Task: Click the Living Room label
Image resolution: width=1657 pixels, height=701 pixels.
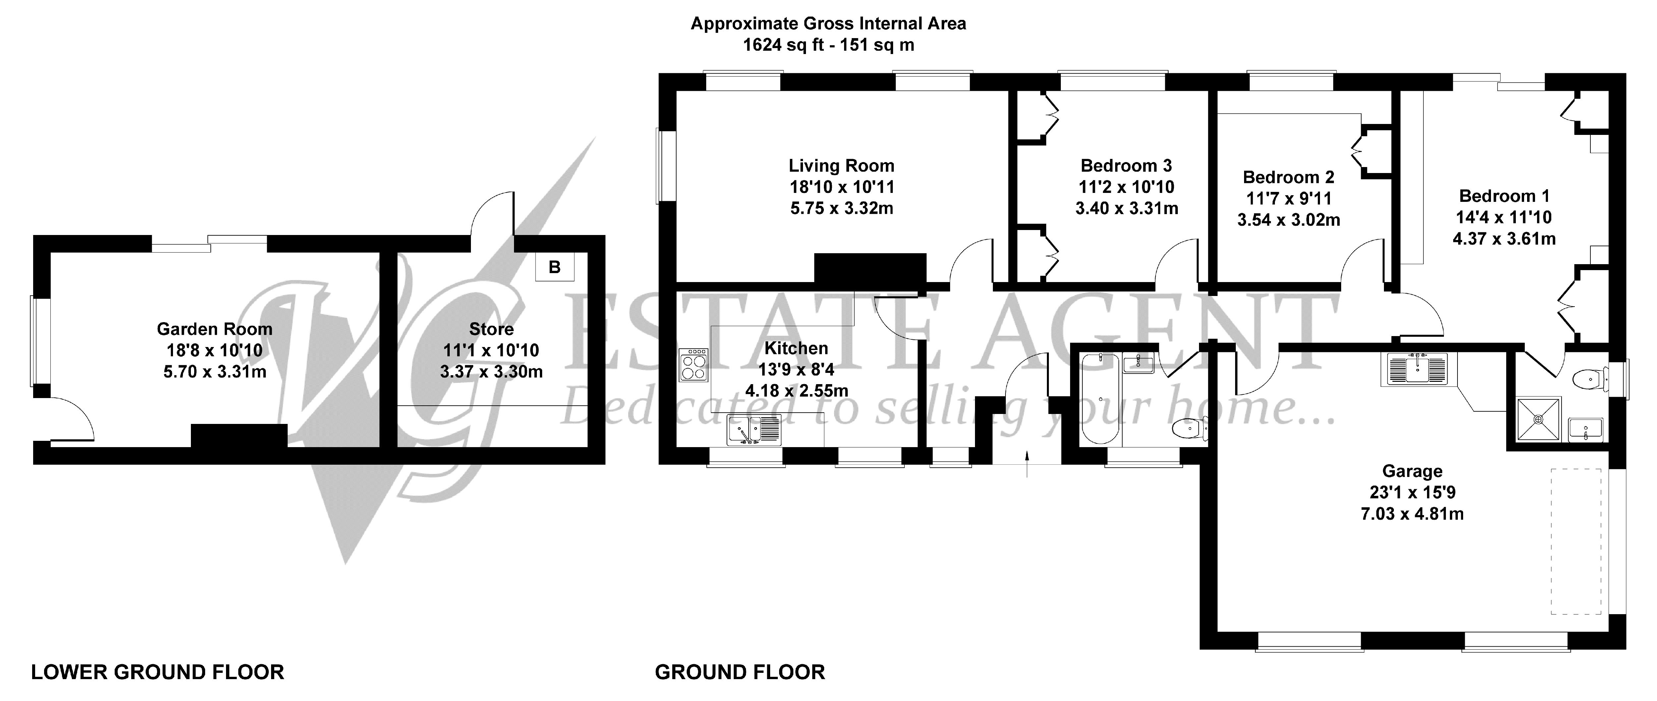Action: click(841, 166)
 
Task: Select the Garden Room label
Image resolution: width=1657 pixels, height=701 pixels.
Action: click(215, 329)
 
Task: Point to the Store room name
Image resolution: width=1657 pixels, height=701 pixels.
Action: click(491, 329)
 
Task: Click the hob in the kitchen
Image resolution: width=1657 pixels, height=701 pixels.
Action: click(693, 365)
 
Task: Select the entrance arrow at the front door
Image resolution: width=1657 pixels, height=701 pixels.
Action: click(1027, 464)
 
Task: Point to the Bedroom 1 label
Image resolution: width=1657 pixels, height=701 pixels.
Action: click(1504, 196)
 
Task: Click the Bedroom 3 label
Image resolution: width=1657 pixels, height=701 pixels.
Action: click(1126, 166)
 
